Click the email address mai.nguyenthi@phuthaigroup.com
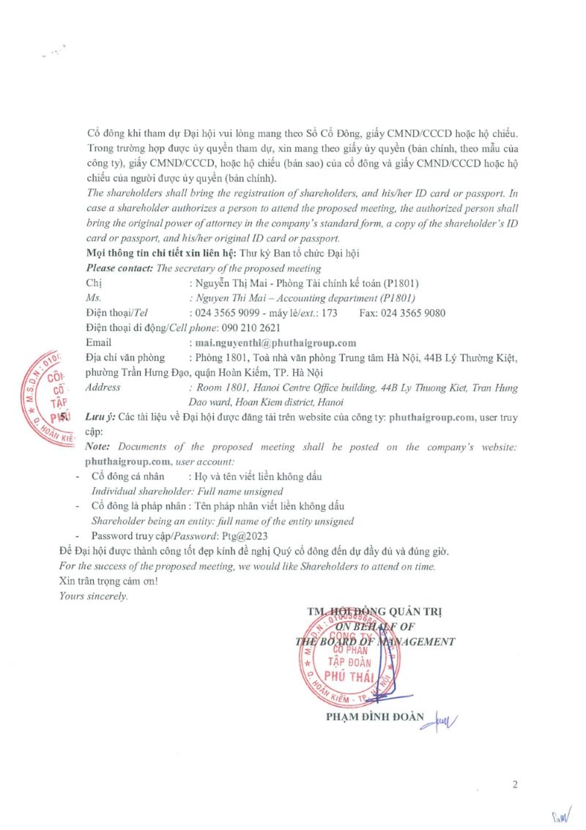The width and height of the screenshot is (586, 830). click(273, 343)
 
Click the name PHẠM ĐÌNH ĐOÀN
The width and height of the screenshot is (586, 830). click(374, 716)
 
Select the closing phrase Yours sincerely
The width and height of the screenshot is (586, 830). click(93, 596)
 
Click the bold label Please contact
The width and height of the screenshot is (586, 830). click(119, 268)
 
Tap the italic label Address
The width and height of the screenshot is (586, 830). click(103, 387)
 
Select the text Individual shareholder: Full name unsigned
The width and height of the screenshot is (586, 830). click(186, 492)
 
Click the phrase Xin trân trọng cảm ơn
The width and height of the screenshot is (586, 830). click(108, 581)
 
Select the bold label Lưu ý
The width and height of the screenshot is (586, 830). click(101, 418)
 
